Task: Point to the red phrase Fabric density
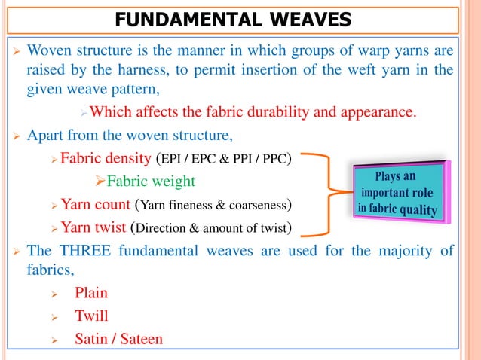click(105, 160)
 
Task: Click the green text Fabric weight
click(150, 182)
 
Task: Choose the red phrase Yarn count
click(96, 204)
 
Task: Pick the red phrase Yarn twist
click(94, 227)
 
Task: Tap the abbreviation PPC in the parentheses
click(276, 160)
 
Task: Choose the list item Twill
click(90, 316)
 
